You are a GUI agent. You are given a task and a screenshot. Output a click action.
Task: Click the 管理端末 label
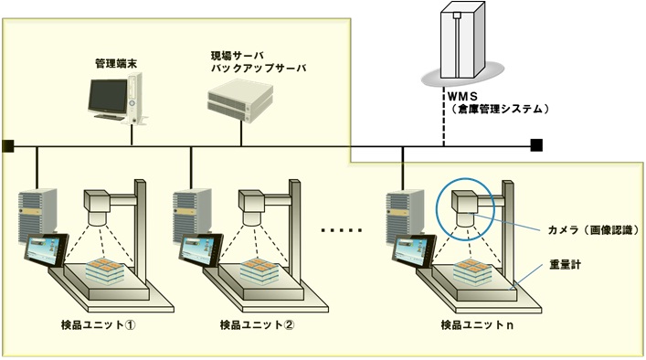click(116, 64)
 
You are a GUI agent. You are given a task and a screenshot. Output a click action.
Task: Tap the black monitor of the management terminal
click(108, 97)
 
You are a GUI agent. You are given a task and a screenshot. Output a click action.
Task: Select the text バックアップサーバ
click(259, 68)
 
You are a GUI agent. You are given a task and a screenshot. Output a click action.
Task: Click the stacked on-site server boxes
click(240, 101)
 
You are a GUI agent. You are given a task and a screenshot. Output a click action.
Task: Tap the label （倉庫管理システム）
click(499, 109)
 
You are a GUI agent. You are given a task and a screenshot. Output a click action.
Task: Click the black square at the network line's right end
click(536, 145)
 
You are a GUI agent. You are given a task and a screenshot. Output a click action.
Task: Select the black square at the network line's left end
click(8, 145)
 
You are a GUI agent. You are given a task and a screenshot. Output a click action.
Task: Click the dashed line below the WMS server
click(444, 116)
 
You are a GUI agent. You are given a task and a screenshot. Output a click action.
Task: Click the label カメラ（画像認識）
click(594, 230)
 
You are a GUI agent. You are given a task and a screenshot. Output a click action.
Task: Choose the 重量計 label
click(566, 264)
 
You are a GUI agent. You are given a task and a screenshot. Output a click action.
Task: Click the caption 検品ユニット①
click(99, 325)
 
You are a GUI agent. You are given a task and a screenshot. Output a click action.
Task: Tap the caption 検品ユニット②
click(257, 325)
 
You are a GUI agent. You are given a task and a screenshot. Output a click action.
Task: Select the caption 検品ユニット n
click(477, 325)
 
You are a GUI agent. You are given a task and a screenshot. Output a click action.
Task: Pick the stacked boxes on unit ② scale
click(259, 270)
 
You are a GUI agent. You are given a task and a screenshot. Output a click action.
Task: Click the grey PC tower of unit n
click(405, 216)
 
